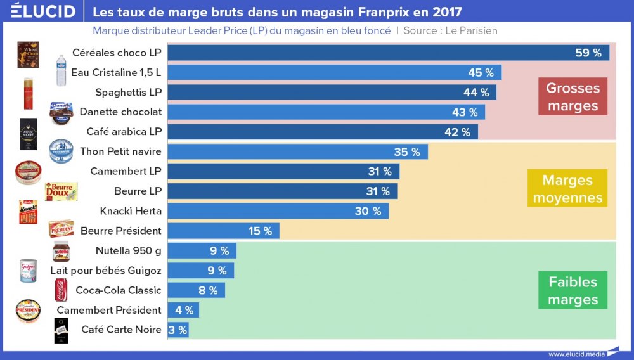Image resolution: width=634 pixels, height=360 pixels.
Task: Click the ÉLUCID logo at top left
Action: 42,11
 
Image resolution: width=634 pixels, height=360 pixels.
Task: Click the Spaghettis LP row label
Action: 129,92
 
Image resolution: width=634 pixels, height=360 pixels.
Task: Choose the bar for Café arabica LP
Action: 323,132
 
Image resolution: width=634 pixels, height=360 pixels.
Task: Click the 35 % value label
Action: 407,151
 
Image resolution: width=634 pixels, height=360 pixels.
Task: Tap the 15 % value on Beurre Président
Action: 260,231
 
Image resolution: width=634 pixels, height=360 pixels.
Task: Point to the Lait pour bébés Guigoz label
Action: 106,271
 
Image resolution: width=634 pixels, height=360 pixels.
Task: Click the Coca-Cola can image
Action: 61,290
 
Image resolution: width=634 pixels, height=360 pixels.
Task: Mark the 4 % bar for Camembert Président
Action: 183,310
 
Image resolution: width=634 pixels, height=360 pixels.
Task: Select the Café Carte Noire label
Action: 121,330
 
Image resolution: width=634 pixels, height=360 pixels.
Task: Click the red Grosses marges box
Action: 573,96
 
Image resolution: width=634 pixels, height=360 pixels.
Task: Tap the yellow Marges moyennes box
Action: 567,188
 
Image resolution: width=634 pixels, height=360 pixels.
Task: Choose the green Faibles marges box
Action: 573,290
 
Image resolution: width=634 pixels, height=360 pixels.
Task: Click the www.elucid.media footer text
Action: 574,354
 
